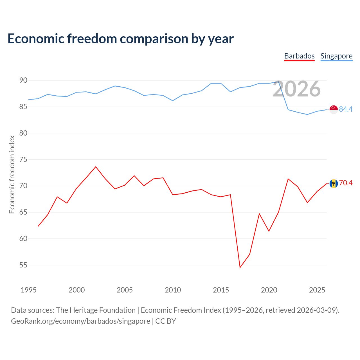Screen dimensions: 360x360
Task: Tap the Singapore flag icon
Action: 334,109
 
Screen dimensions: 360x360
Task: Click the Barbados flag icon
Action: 334,183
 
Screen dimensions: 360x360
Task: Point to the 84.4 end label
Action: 346,109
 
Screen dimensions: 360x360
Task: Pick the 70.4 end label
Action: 346,183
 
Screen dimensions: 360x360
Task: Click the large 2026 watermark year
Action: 297,89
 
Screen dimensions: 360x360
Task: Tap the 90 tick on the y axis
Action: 23,80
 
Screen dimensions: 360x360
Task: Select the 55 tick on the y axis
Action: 23,265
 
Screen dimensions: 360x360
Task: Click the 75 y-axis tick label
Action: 23,159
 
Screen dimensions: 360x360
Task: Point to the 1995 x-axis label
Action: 29,290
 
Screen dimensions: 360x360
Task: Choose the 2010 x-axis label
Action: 173,290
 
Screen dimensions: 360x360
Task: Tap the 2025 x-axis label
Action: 317,290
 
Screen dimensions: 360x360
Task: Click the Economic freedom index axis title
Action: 12,174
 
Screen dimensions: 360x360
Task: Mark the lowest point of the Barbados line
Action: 240,267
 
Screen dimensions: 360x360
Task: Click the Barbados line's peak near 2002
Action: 96,167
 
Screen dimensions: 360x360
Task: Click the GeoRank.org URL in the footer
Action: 80,321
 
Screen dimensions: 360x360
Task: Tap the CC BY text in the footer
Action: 166,321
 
